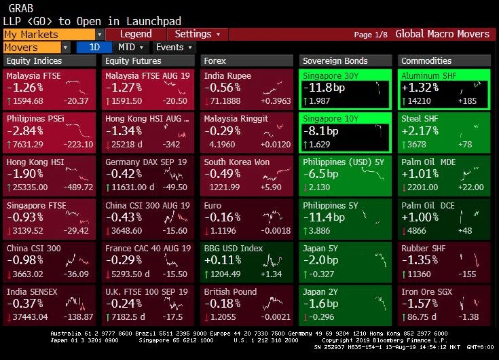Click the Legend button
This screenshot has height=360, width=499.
(136, 34)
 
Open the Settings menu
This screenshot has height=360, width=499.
(197, 34)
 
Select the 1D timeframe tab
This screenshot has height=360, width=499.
(94, 48)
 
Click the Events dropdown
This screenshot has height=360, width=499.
(173, 48)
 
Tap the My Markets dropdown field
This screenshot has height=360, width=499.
(53, 34)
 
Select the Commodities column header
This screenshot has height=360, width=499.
(426, 61)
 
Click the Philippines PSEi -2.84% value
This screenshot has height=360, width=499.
(25, 131)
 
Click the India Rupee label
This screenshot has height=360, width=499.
(227, 76)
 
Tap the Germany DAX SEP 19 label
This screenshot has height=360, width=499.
(146, 162)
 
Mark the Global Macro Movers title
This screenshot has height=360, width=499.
(442, 34)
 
